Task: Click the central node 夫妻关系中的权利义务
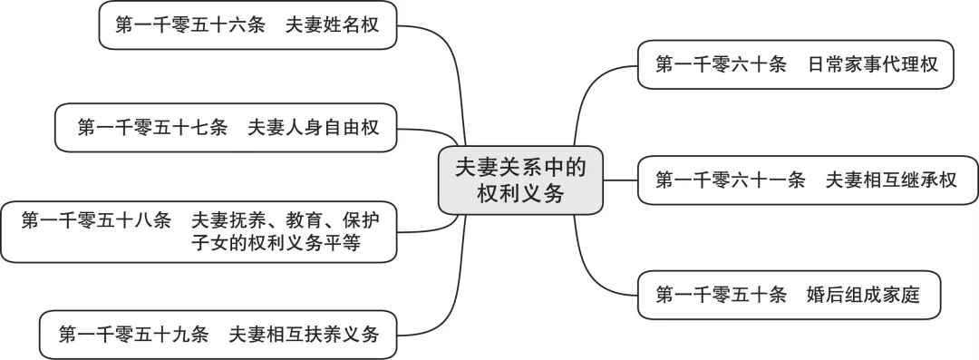(x=520, y=180)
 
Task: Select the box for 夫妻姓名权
(x=248, y=27)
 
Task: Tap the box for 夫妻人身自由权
(x=227, y=128)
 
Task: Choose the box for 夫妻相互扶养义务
(x=218, y=334)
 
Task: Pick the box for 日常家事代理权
(x=795, y=64)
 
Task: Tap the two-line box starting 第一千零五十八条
(x=199, y=231)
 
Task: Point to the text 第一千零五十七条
(x=151, y=128)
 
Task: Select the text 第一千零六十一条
(x=730, y=180)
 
